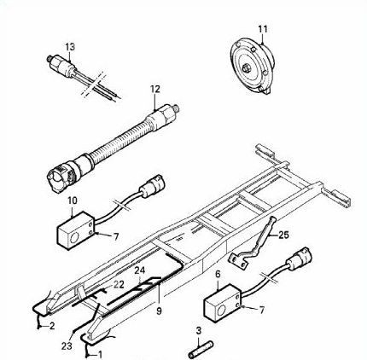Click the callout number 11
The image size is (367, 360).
pos(263,29)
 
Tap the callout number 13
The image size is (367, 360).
pos(70,47)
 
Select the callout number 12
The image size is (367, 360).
pos(155,89)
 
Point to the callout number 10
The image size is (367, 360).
pos(73,200)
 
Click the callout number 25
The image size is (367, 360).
pos(283,235)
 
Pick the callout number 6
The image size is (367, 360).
pos(218,274)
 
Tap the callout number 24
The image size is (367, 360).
pos(140,270)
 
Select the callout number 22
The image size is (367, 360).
pos(119,284)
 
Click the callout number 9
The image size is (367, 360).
pos(159,311)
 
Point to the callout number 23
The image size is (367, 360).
pos(67,345)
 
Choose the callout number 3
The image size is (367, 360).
pos(199,330)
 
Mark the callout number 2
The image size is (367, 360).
pos(52,326)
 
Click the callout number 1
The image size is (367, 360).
pos(100,354)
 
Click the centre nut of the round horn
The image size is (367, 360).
pos(245,68)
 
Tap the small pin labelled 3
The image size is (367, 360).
pos(201,349)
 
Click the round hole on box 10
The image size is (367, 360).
pos(74,238)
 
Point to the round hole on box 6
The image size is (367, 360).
pos(221,311)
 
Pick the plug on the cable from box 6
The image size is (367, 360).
pos(299,258)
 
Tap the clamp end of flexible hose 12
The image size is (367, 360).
pos(61,177)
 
